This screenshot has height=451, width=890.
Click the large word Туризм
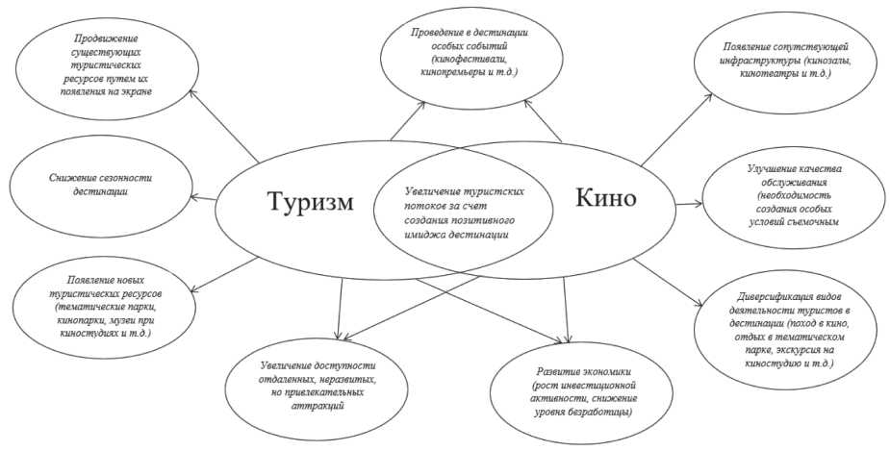pyautogui.click(x=310, y=204)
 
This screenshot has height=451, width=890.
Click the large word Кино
pyautogui.click(x=606, y=199)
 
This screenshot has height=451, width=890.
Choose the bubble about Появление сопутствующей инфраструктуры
pyautogui.click(x=789, y=57)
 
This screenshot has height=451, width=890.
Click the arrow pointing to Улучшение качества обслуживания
pyautogui.click(x=689, y=203)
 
